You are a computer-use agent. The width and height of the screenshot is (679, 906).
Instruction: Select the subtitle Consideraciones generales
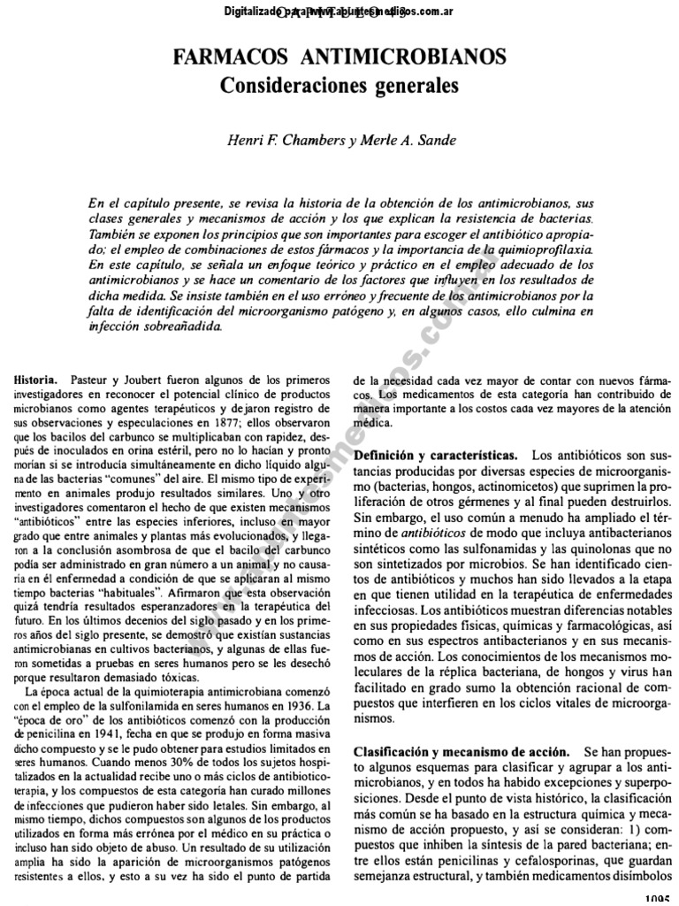339,87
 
